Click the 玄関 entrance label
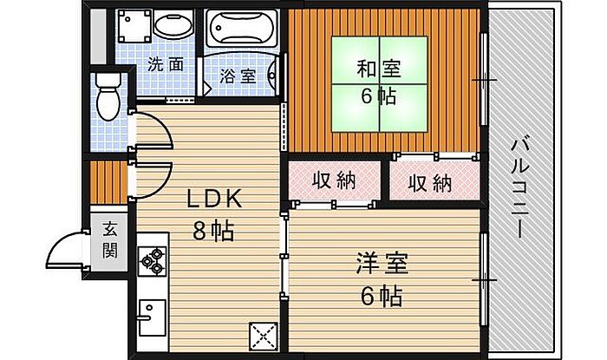pyautogui.click(x=110, y=241)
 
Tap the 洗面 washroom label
pyautogui.click(x=165, y=63)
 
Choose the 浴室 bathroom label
pyautogui.click(x=238, y=75)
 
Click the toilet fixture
pyautogui.click(x=108, y=96)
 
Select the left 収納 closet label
pyautogui.click(x=334, y=181)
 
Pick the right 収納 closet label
pyautogui.click(x=430, y=183)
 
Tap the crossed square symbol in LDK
pyautogui.click(x=262, y=334)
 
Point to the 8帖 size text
pyautogui.click(x=213, y=231)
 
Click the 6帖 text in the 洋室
pyautogui.click(x=382, y=296)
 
